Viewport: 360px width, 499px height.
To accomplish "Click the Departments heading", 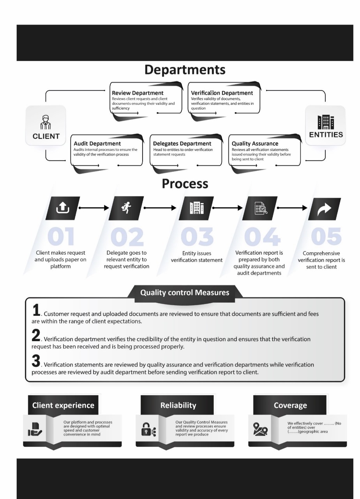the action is (x=185, y=70).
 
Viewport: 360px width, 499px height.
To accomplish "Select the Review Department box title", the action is (x=138, y=93).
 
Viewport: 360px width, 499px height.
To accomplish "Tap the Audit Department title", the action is (x=97, y=143).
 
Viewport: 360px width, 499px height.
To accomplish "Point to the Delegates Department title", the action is (x=182, y=143).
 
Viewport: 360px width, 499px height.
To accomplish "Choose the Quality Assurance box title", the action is (x=255, y=143).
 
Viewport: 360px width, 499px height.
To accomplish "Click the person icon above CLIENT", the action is (x=46, y=122).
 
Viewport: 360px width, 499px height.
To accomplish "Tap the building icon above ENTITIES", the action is (x=326, y=122).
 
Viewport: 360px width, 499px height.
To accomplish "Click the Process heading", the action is (x=185, y=184).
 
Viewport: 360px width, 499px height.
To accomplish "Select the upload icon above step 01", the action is (x=63, y=208).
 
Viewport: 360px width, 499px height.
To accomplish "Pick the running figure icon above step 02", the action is (x=126, y=208).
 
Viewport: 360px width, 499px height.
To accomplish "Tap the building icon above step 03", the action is (x=197, y=208).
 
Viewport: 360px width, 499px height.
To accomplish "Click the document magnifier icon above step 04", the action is (x=261, y=208).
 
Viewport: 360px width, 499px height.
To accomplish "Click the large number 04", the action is (x=262, y=236).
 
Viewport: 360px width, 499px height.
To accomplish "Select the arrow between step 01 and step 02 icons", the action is (x=94, y=208).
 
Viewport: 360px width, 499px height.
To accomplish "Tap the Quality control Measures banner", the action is (x=185, y=292).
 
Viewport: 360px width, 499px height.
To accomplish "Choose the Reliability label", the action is (x=178, y=405).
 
